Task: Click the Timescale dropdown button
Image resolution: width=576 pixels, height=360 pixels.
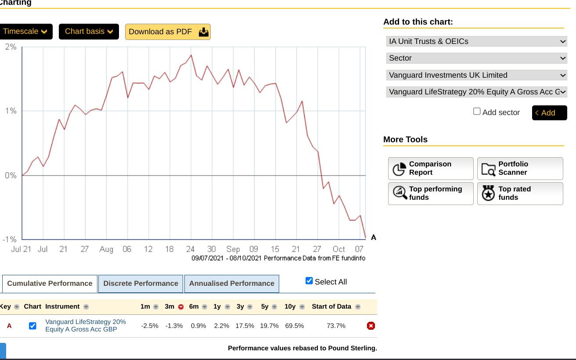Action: point(25,32)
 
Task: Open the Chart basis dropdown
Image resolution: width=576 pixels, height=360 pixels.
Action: point(89,32)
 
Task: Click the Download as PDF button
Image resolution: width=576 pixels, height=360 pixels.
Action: point(168,32)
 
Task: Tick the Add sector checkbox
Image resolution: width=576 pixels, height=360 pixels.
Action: point(477,112)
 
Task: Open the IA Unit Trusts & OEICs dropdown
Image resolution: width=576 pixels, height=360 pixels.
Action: point(477,41)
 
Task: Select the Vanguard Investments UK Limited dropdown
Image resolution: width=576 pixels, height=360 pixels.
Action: point(477,75)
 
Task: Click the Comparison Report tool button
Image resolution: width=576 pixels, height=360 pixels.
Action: point(431,169)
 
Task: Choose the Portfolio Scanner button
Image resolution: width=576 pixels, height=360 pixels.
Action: point(520,169)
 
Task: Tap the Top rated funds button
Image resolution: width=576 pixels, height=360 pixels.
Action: point(520,193)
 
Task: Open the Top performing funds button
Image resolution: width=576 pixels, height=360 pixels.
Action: point(431,193)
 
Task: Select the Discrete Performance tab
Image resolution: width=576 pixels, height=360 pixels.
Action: point(140,284)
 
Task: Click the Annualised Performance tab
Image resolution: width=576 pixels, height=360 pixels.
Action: point(232,284)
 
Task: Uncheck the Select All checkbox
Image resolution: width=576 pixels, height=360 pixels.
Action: point(309,281)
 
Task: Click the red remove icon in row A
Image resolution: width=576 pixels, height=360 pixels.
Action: point(371,326)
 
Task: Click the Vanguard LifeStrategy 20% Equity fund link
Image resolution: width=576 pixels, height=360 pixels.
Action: point(86,325)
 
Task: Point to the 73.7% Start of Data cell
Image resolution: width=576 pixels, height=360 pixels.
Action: point(336,326)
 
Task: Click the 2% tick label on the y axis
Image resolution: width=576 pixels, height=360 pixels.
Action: point(11,47)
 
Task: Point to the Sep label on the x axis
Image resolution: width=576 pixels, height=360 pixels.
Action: point(233,249)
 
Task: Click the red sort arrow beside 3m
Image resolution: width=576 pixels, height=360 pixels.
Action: point(181,307)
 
